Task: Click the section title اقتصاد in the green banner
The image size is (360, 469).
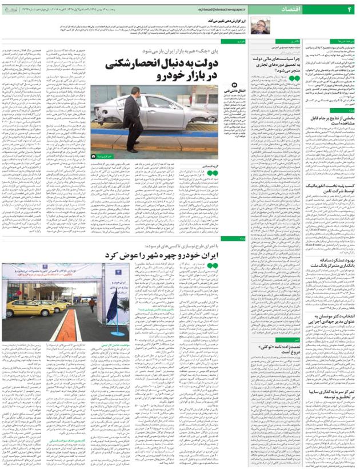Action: (x=294, y=10)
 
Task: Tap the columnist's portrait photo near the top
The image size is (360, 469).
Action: (x=261, y=25)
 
